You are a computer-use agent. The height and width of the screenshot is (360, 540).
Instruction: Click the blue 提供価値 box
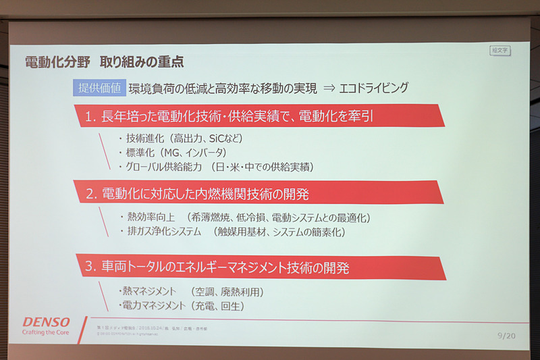click(x=99, y=88)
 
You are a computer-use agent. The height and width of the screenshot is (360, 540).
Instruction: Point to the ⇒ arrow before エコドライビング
click(x=330, y=88)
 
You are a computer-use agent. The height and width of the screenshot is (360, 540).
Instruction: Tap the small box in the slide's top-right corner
click(x=500, y=50)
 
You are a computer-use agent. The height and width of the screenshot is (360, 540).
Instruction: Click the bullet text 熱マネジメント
click(x=149, y=292)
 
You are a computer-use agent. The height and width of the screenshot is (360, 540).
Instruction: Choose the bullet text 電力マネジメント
click(x=153, y=306)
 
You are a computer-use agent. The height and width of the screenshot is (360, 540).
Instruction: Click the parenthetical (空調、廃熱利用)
click(x=227, y=292)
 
